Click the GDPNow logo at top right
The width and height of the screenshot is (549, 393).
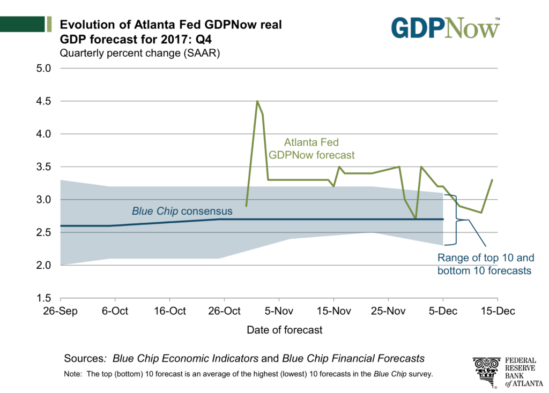(x=446, y=28)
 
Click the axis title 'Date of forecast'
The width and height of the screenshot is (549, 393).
(x=285, y=330)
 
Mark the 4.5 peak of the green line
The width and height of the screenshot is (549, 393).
(x=257, y=101)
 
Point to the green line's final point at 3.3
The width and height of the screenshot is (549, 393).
(x=492, y=180)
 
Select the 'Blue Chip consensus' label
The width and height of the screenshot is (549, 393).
(x=182, y=211)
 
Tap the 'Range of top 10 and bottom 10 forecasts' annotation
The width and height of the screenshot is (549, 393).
(x=484, y=263)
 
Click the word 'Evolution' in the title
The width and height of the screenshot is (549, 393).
(x=84, y=25)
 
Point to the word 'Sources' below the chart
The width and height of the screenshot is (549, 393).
(x=83, y=358)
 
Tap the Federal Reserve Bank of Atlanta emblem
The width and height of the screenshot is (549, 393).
(x=486, y=371)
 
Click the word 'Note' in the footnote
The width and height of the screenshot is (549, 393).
(x=72, y=374)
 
